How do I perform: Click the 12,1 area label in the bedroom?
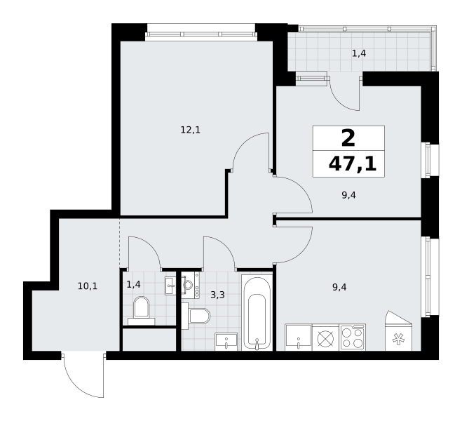tap(191, 130)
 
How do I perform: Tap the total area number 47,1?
tap(353, 164)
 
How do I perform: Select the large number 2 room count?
tap(348, 138)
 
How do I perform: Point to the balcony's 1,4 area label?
tap(359, 53)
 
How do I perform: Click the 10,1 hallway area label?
tap(88, 286)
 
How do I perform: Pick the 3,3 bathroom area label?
tap(218, 295)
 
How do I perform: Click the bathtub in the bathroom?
tap(257, 312)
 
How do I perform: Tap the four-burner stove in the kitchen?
tap(353, 338)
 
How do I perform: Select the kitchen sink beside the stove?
tap(299, 338)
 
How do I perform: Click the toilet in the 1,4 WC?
tap(142, 311)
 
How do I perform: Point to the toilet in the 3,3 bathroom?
tap(196, 316)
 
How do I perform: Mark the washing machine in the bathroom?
tap(191, 285)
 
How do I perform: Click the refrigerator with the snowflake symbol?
tap(399, 331)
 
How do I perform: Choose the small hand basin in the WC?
tap(170, 286)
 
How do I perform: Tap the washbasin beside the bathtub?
tap(226, 342)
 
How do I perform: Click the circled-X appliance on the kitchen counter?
tap(325, 338)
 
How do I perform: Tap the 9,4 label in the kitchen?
tap(339, 287)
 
